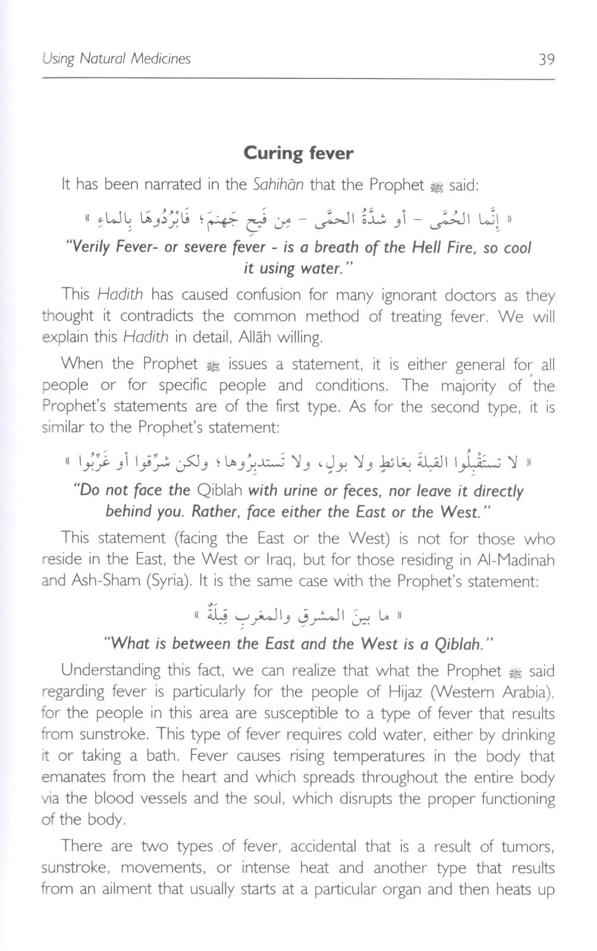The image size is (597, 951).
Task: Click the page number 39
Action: click(x=546, y=59)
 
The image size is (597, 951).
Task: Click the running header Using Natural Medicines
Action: click(x=117, y=59)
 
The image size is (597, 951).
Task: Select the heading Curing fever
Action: click(x=298, y=153)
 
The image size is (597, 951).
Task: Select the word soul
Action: click(x=260, y=798)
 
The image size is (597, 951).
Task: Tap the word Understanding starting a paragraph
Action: click(x=111, y=671)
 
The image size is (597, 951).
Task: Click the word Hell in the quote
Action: click(x=431, y=247)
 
